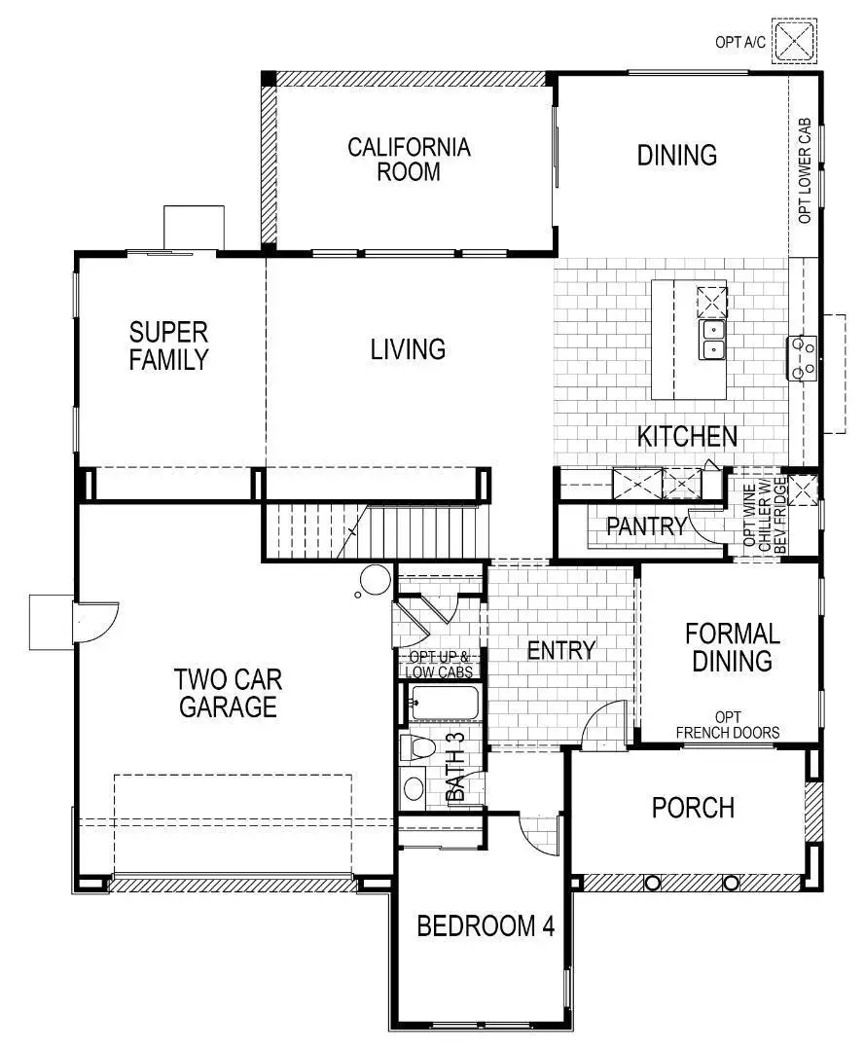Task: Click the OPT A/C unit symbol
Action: click(x=796, y=42)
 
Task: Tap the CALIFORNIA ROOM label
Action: click(x=409, y=160)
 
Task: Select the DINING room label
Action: click(x=677, y=156)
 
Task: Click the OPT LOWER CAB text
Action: click(x=805, y=172)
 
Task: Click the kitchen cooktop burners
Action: click(x=803, y=356)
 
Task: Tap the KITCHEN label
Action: click(x=687, y=437)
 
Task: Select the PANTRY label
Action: click(x=647, y=526)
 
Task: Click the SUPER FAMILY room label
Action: click(x=168, y=345)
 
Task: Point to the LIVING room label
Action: click(x=408, y=348)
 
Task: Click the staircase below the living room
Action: click(x=321, y=532)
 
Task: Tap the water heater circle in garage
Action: click(x=373, y=580)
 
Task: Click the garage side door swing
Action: click(x=96, y=623)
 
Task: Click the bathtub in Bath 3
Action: click(x=443, y=703)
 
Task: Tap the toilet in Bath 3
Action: click(x=416, y=747)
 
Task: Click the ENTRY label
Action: click(x=560, y=650)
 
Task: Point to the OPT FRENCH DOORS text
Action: click(x=727, y=725)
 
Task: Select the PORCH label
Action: click(x=693, y=808)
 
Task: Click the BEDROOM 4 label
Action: click(x=486, y=925)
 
